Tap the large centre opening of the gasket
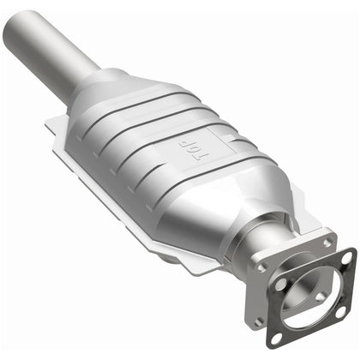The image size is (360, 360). pyautogui.click(x=309, y=296)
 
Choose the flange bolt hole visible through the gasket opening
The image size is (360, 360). pyautogui.click(x=319, y=297)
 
